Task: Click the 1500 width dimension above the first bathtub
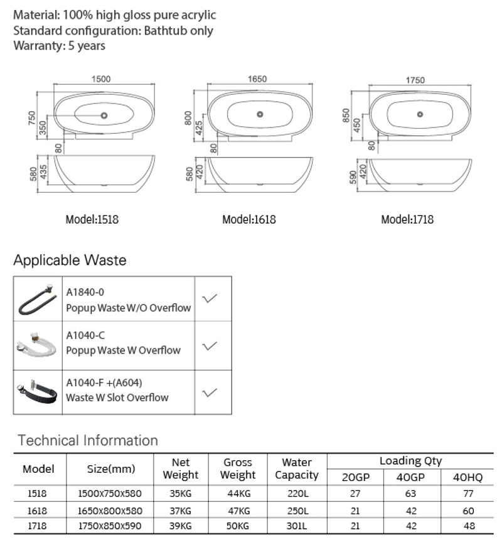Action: (101, 79)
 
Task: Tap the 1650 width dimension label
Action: (257, 79)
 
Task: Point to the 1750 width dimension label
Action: (415, 80)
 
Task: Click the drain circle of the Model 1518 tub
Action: (104, 116)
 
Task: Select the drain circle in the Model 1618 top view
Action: (260, 114)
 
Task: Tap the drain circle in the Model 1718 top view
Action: (420, 114)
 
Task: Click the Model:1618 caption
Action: (249, 219)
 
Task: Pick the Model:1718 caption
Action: (407, 219)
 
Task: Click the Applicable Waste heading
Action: (70, 260)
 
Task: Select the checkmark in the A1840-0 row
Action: (209, 298)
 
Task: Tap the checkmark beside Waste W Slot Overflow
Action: (209, 392)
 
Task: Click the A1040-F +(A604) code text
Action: (104, 382)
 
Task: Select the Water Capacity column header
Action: (297, 468)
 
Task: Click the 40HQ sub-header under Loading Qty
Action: (467, 477)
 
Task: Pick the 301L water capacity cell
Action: (297, 526)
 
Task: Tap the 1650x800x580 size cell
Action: (110, 510)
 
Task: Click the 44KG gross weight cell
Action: (238, 494)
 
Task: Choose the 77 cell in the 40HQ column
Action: (468, 494)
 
